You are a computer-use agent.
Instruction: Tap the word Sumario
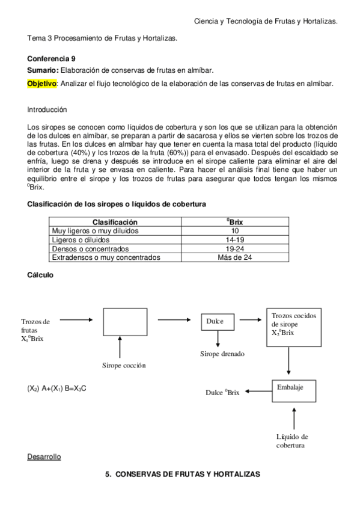[41, 71]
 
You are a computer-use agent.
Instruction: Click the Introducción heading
[47, 110]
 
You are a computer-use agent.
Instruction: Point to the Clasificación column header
[114, 222]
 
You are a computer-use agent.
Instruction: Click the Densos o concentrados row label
[90, 248]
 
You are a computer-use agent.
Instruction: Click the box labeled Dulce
[215, 322]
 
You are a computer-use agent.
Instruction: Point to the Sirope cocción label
[124, 365]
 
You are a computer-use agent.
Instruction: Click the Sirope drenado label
[222, 354]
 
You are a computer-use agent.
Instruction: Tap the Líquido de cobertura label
[293, 441]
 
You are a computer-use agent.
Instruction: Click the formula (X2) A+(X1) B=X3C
[57, 389]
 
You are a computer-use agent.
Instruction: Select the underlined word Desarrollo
[44, 457]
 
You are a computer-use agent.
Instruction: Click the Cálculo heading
[40, 275]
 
